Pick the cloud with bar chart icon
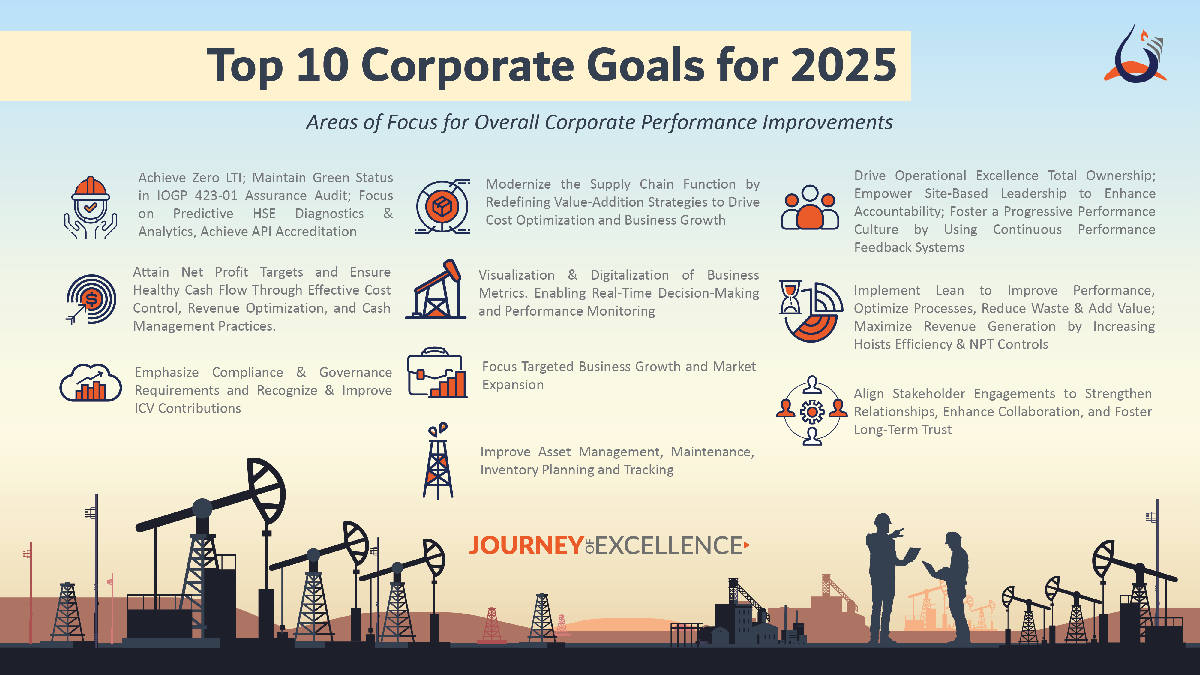(91, 383)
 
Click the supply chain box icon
(442, 207)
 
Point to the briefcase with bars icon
(437, 373)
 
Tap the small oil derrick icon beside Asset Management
(438, 461)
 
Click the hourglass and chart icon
(811, 311)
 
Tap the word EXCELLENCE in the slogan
(668, 545)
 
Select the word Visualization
(517, 275)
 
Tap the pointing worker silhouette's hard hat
(883, 518)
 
